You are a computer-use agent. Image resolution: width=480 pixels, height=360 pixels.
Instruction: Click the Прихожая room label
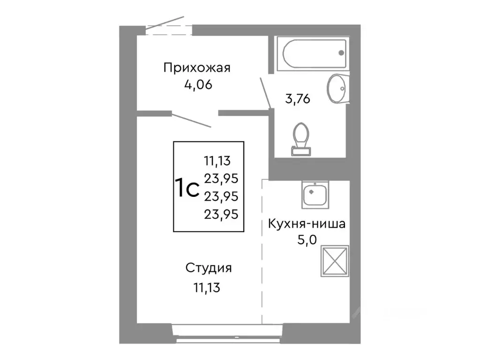click(x=197, y=68)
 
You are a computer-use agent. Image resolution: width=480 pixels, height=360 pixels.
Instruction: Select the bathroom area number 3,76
click(x=298, y=99)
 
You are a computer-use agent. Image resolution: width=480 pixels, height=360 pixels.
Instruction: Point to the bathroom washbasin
click(x=336, y=88)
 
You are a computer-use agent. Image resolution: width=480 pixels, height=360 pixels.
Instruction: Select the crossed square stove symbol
click(x=335, y=259)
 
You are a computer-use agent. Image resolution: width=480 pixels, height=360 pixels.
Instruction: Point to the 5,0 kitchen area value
click(x=307, y=240)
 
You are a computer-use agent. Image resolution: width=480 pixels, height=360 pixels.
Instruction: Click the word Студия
click(x=209, y=269)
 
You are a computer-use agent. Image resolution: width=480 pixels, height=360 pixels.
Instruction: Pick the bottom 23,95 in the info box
click(x=221, y=214)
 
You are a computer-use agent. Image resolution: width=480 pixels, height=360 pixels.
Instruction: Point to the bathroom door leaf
click(x=265, y=93)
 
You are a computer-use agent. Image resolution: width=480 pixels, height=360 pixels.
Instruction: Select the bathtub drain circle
click(x=342, y=53)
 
